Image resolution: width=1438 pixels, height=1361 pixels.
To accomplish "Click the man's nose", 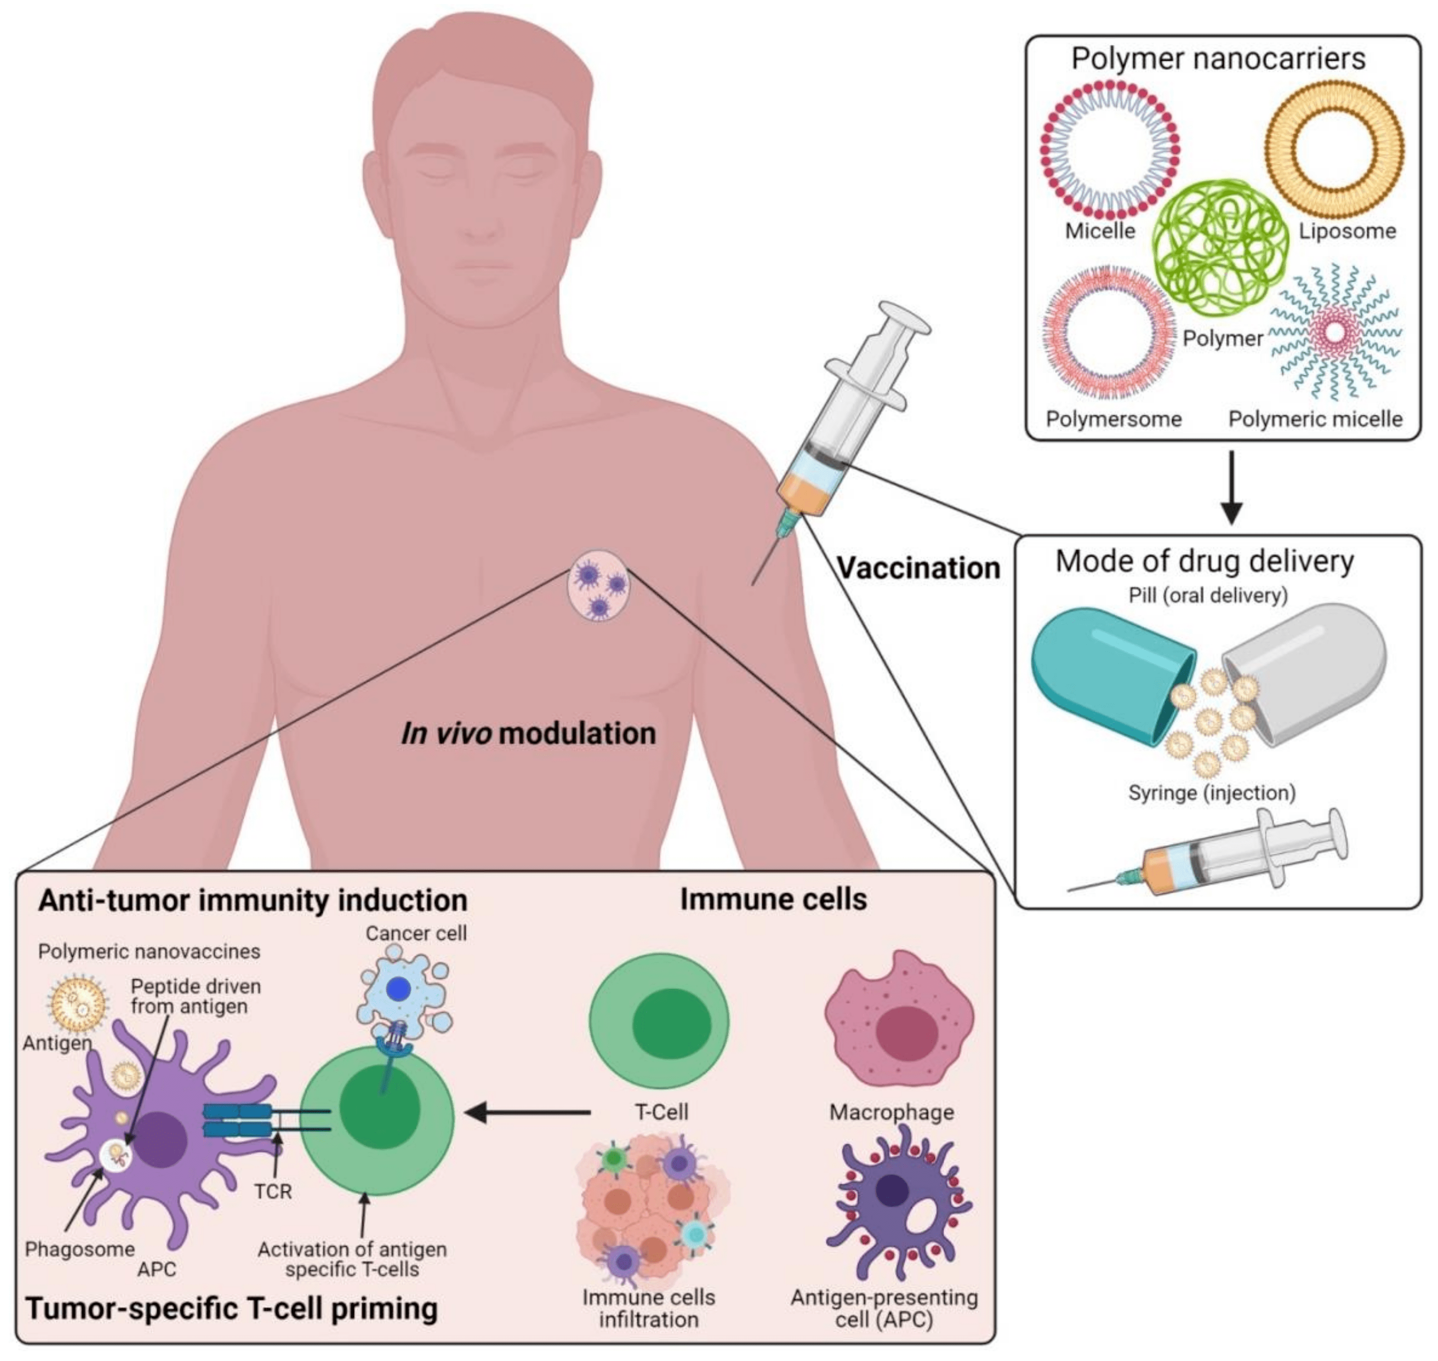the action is coord(480,218).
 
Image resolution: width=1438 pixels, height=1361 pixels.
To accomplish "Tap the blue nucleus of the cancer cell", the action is coord(398,989).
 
